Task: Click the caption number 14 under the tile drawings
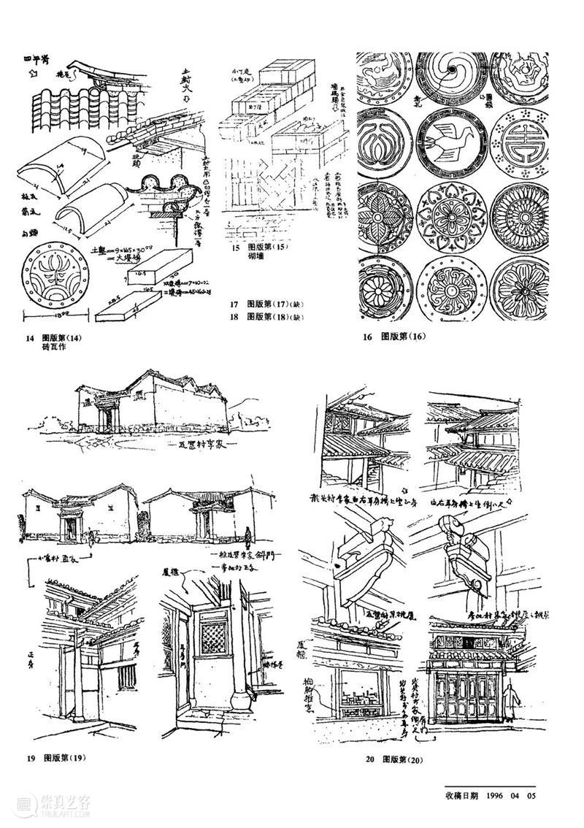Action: [31, 337]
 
